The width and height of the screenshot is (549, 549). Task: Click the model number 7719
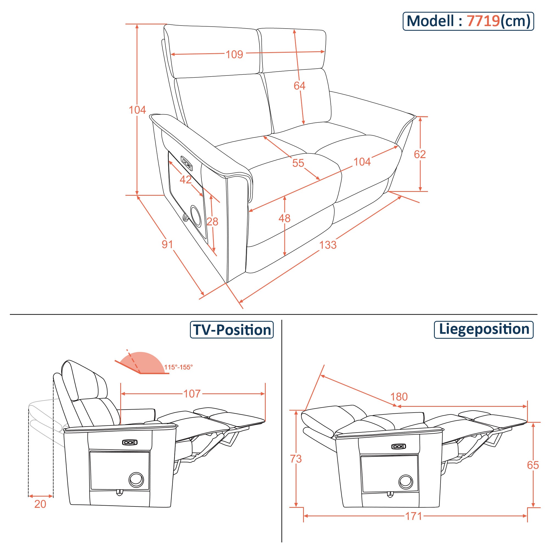tap(483, 21)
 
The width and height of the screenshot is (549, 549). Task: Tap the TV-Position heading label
tap(232, 330)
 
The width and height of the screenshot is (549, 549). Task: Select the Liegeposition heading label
tap(484, 329)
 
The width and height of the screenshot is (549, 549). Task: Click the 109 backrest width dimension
tap(234, 54)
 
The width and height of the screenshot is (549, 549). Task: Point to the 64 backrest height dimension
tap(299, 86)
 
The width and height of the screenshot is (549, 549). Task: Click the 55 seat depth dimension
tap(298, 163)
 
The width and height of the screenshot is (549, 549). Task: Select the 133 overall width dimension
tap(328, 245)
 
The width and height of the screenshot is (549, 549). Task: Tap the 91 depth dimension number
tap(167, 244)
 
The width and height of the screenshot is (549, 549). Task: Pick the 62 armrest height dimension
tap(419, 154)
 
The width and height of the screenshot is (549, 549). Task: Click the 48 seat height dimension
tap(284, 218)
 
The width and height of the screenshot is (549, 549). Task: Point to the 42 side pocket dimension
tap(186, 180)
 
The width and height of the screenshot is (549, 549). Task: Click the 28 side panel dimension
tap(212, 222)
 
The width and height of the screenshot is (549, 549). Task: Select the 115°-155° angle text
tap(178, 368)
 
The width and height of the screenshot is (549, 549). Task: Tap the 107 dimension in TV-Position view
tap(192, 394)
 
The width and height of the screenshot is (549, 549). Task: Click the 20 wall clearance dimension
tap(40, 504)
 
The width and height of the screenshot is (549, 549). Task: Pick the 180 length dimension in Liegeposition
tap(399, 397)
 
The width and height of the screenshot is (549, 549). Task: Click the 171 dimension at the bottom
tap(413, 516)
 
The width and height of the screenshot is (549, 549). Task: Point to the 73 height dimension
tap(296, 459)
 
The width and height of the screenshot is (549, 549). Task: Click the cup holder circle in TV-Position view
tap(136, 480)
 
